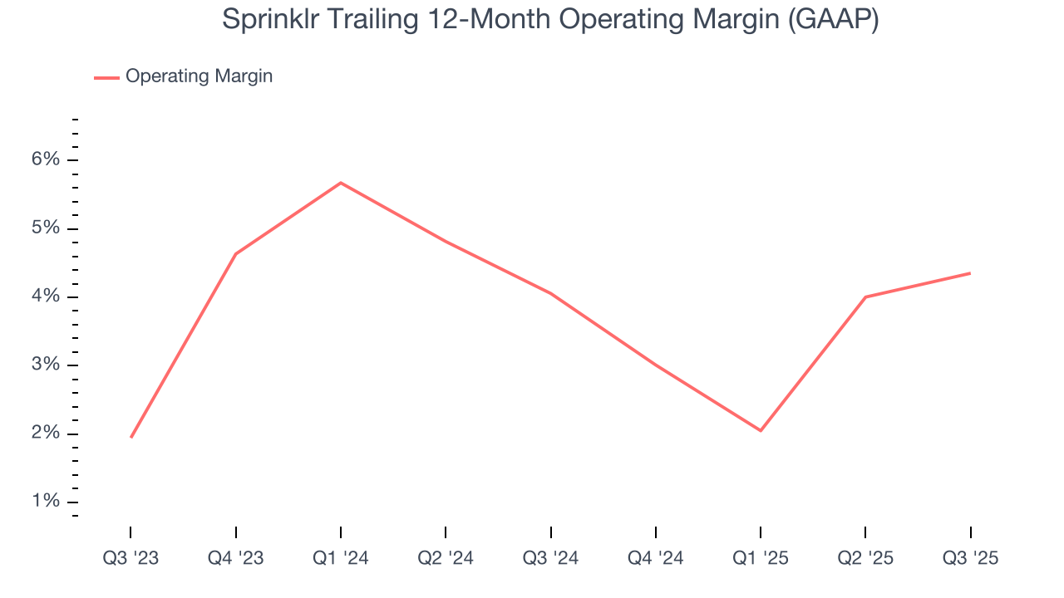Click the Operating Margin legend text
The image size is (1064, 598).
pyautogui.click(x=199, y=76)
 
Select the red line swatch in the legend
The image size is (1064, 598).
pyautogui.click(x=106, y=77)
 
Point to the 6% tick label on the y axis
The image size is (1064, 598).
pyautogui.click(x=46, y=159)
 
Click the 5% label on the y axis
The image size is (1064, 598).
pyautogui.click(x=46, y=228)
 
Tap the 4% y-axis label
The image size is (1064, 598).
pyautogui.click(x=46, y=297)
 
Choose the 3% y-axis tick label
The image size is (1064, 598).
pyautogui.click(x=46, y=365)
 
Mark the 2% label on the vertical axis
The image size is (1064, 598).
pyautogui.click(x=46, y=434)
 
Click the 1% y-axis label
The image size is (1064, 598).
pyautogui.click(x=46, y=502)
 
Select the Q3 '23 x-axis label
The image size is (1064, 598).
pyautogui.click(x=131, y=558)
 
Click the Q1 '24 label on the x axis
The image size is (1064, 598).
pyautogui.click(x=341, y=558)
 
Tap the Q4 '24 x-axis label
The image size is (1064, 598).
pyautogui.click(x=656, y=558)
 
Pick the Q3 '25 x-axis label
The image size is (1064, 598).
pyautogui.click(x=970, y=558)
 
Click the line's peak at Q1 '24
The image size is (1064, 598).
pyautogui.click(x=341, y=183)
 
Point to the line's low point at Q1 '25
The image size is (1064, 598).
pyautogui.click(x=761, y=430)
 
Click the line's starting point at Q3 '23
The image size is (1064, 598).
pyautogui.click(x=131, y=437)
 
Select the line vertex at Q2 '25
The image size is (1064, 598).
pyautogui.click(x=865, y=297)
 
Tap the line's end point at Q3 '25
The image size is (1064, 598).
pyautogui.click(x=970, y=273)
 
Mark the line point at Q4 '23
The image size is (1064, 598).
pyautogui.click(x=236, y=253)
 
